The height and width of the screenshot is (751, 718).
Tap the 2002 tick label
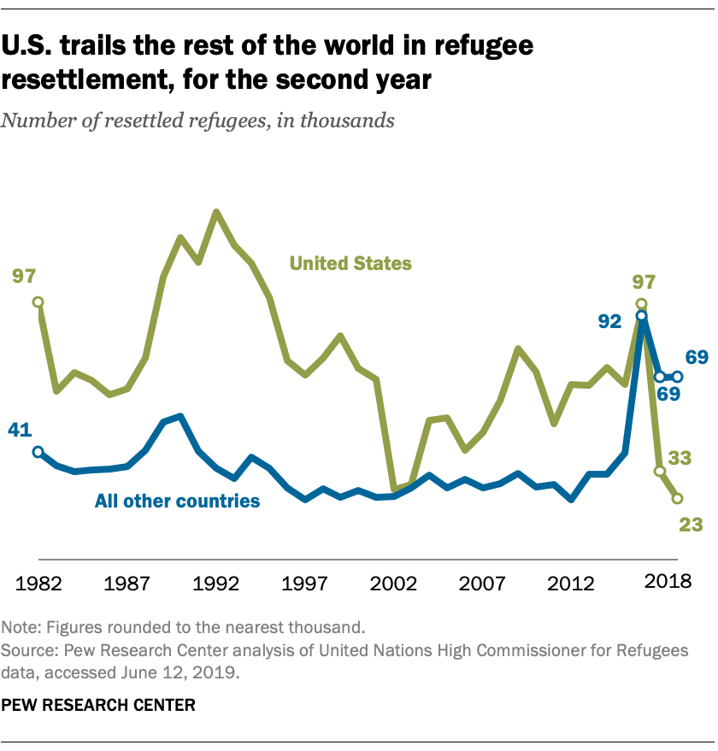pos(393,584)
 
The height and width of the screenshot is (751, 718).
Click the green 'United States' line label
pos(350,263)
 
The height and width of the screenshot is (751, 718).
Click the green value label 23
pos(690,525)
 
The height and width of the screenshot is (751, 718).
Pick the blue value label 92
pos(610,322)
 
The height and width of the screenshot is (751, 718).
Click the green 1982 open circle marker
pos(38,302)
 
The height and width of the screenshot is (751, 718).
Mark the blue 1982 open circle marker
pos(38,452)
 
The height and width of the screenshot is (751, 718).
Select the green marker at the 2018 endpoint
pos(677,498)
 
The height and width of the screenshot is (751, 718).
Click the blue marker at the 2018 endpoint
pos(677,376)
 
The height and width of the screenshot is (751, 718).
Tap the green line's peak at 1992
pos(216,212)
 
